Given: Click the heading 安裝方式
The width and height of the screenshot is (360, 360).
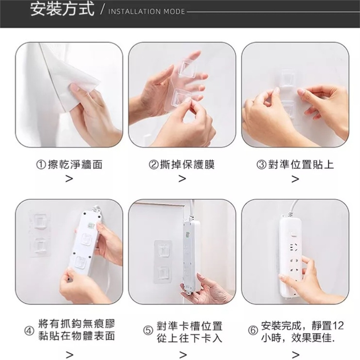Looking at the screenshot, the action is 62,9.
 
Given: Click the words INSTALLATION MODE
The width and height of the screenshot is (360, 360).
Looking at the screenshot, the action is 147,12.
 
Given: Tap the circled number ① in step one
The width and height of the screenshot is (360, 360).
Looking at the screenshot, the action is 41,165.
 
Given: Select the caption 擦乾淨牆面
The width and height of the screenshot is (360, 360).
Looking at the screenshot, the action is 75,165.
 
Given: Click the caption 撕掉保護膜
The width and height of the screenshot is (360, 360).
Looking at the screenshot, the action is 187,165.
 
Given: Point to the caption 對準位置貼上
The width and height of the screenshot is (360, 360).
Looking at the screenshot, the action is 301,165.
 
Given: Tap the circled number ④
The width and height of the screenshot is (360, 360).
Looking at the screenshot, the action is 29,331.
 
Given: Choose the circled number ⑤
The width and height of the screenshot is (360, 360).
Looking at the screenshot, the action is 148,331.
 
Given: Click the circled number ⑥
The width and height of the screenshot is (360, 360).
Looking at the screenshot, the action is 253,331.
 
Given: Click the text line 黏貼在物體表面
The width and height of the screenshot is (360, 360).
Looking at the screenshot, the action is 76,336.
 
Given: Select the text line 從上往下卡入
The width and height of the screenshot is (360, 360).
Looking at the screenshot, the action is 190,338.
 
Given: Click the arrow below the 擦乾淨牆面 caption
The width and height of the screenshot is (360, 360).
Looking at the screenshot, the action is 69,178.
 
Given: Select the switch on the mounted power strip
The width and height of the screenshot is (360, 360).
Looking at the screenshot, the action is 293,234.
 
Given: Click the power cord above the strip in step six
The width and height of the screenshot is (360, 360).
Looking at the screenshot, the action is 294,207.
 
